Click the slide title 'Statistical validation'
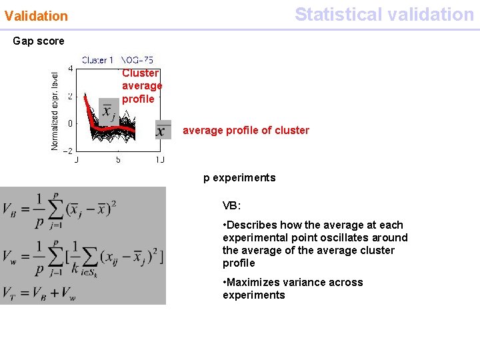[x=384, y=14]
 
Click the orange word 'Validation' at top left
[x=36, y=15]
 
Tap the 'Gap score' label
[x=39, y=41]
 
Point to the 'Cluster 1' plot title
[x=97, y=60]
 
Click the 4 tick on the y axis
[x=71, y=68]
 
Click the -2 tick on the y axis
[x=68, y=150]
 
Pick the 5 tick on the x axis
[x=118, y=160]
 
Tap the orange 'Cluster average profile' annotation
[x=141, y=86]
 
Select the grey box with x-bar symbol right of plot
[x=163, y=130]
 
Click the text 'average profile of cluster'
[x=245, y=131]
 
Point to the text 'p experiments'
[x=239, y=178]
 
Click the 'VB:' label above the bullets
[x=232, y=206]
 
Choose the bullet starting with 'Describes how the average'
[x=315, y=244]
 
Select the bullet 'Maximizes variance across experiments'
[x=293, y=289]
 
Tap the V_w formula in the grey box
[x=82, y=255]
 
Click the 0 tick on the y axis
[x=71, y=123]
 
